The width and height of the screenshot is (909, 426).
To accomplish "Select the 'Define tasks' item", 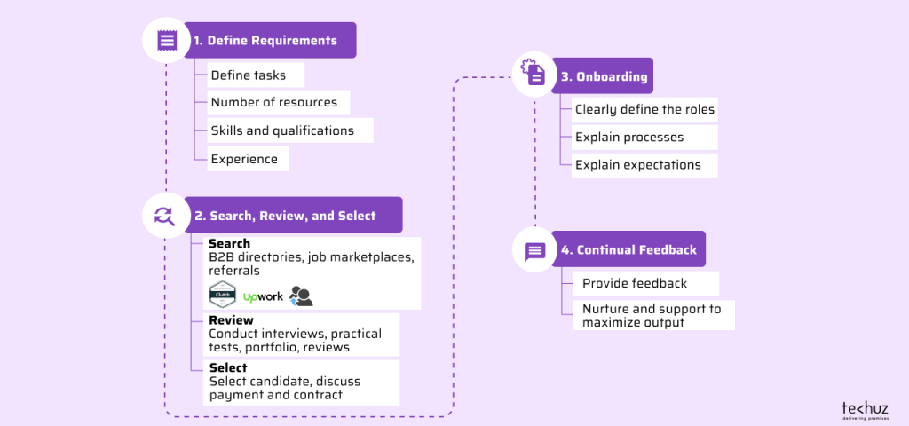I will [x=249, y=75].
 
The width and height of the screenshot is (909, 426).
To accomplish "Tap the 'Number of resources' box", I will [x=273, y=103].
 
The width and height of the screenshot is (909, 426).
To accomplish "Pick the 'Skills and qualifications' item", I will [x=282, y=131].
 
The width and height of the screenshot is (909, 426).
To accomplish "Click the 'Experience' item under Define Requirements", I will [x=244, y=160].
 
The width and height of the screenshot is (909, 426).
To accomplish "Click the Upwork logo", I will [x=263, y=296].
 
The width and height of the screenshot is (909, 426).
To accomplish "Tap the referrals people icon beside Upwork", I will [x=301, y=296].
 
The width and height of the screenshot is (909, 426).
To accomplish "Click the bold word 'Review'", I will [x=231, y=320].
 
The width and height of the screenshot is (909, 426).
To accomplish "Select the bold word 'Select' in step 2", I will [x=228, y=367].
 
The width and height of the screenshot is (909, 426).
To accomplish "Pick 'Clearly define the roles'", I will [x=644, y=110].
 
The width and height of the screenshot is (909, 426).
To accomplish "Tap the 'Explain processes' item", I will [x=629, y=138].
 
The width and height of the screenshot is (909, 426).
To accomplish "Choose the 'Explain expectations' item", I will [x=637, y=165].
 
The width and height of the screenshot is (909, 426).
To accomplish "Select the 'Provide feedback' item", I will [x=634, y=283].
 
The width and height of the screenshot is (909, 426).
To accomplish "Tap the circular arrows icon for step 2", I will [x=164, y=216].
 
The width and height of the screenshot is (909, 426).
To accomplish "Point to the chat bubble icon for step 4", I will [x=534, y=250].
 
